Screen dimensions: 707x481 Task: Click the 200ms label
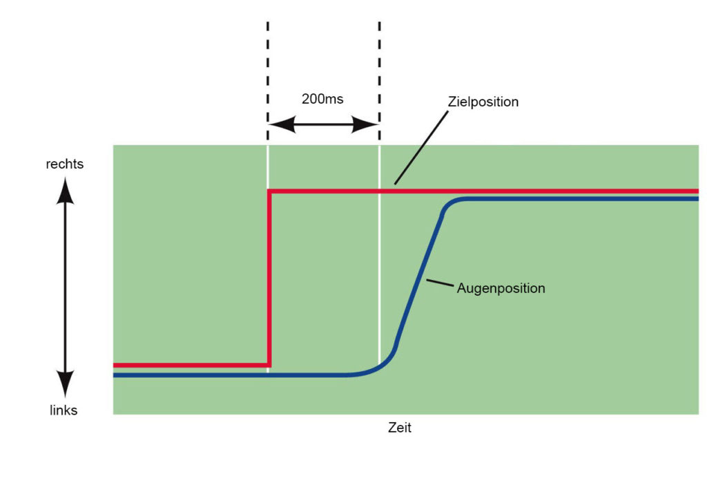click(x=322, y=99)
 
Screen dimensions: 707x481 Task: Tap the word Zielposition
click(x=483, y=102)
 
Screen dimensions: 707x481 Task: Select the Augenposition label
click(x=501, y=288)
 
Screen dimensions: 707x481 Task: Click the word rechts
click(x=65, y=164)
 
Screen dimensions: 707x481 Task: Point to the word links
click(x=64, y=410)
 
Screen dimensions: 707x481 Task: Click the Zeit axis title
click(x=400, y=427)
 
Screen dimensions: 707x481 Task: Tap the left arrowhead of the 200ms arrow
click(x=282, y=124)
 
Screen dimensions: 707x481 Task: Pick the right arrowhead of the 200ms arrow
click(x=365, y=124)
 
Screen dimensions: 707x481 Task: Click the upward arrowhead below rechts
click(x=66, y=191)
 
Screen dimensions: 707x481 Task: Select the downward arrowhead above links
click(x=66, y=384)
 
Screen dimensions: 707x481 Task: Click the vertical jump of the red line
click(x=269, y=278)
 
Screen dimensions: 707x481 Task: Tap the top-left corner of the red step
click(x=269, y=191)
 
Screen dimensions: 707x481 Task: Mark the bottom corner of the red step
click(x=269, y=365)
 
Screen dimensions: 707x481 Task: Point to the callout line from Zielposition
click(x=422, y=148)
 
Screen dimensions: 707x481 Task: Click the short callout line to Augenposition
click(x=440, y=283)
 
